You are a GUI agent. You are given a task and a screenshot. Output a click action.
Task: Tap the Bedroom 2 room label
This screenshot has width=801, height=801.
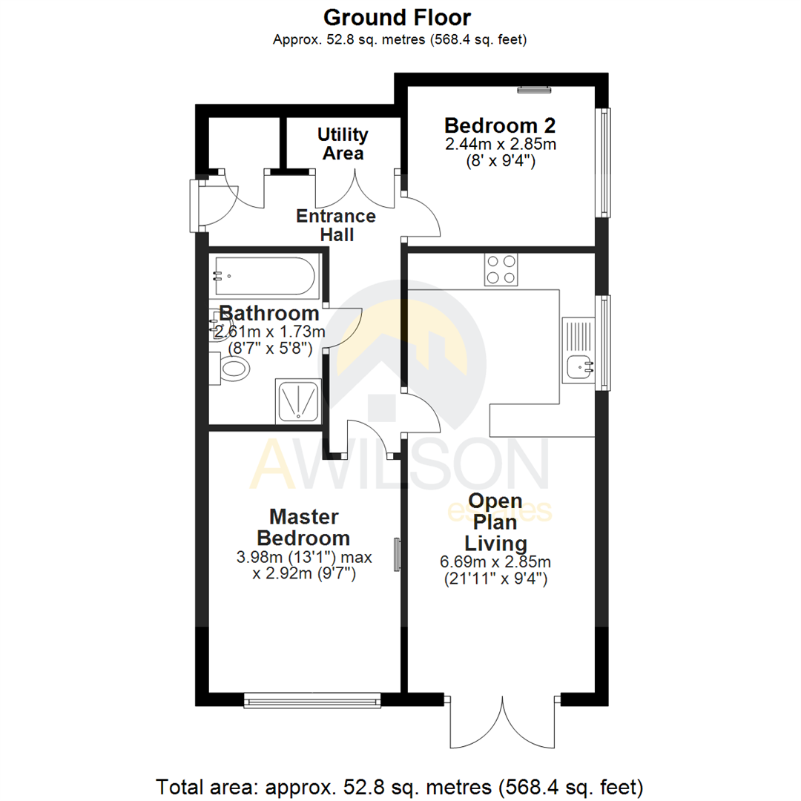point(500,125)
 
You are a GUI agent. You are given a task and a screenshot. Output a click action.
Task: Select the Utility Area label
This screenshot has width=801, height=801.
point(343,144)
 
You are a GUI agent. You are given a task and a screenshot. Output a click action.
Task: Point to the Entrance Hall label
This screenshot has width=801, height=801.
point(336,225)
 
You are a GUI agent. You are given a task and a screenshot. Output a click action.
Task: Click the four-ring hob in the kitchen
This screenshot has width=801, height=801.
point(502,270)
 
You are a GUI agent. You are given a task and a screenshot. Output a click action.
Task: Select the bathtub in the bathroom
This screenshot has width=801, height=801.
point(264,276)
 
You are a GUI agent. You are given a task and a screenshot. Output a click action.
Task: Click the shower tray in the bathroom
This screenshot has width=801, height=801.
point(299,400)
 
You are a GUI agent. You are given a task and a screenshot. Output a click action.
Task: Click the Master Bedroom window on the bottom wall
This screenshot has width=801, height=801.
point(312,699)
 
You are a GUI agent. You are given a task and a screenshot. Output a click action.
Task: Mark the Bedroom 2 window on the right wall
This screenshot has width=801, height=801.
point(604,163)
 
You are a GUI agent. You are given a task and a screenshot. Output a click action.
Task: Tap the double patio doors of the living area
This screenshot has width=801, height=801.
point(504,722)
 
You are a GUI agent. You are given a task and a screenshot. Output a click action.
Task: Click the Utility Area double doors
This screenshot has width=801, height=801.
point(355,191)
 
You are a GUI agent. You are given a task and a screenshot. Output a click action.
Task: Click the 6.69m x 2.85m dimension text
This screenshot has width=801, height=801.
point(496,561)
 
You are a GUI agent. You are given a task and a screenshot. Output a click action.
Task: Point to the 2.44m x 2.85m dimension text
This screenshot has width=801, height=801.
point(500,143)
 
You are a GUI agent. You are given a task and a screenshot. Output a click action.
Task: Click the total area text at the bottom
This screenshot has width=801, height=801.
point(400,785)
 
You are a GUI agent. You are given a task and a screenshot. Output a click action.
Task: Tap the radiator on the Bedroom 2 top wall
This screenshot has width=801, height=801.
point(534,90)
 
